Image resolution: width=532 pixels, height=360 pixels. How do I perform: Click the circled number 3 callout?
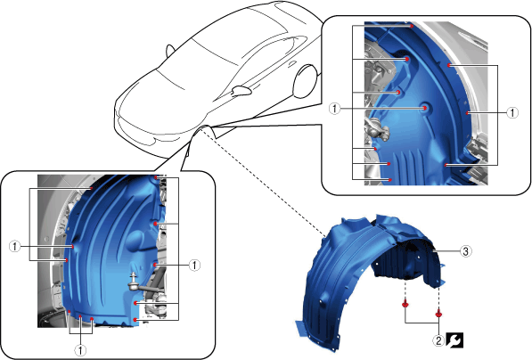click(x=466, y=251)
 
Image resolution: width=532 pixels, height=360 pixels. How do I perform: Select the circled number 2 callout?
click(x=438, y=340)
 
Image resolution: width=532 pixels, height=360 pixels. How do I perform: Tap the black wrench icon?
click(x=454, y=340)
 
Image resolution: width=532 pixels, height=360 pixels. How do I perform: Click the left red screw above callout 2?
click(x=405, y=304)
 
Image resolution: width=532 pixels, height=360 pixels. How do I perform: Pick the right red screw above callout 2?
click(x=438, y=314)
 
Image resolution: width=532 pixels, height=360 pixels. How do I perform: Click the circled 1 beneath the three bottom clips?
click(x=80, y=350)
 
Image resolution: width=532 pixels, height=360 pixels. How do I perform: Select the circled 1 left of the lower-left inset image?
click(x=14, y=246)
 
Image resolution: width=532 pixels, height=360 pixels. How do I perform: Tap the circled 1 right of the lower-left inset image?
click(x=194, y=265)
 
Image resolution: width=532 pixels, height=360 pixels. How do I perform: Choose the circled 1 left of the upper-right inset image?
click(x=335, y=109)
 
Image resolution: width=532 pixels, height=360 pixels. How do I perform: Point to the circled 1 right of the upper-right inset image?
click(x=512, y=112)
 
